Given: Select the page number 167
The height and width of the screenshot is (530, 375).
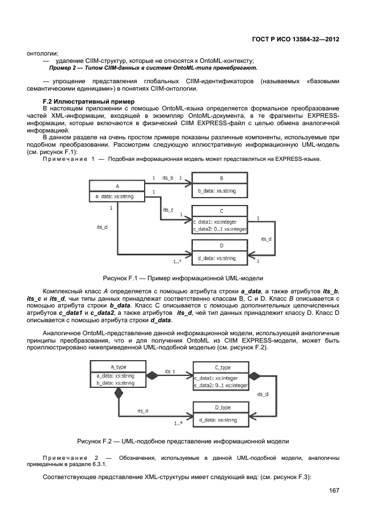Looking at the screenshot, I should click(x=334, y=490).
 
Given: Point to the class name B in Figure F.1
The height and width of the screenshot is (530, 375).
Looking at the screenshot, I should click(x=220, y=177).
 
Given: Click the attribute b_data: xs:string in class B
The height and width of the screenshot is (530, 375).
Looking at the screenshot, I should click(x=217, y=191).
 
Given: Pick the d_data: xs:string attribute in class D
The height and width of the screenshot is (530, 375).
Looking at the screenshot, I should click(x=217, y=258).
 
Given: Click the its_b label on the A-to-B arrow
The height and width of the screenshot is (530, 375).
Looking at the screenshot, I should click(x=168, y=178).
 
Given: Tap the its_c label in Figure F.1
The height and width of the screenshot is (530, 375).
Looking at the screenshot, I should click(x=168, y=210).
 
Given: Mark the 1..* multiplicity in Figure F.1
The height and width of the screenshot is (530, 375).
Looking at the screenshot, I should click(x=177, y=262).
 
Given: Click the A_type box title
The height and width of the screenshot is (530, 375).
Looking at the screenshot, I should click(x=118, y=366).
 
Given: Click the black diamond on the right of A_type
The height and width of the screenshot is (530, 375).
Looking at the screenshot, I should click(x=153, y=375).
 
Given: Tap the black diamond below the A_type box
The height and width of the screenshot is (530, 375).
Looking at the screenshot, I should click(x=119, y=394).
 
